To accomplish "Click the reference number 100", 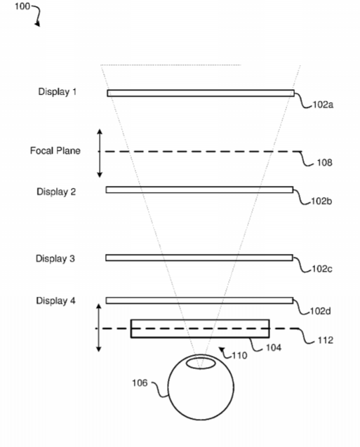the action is (22, 6).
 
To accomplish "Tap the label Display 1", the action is (58, 92).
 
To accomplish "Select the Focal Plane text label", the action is (55, 150).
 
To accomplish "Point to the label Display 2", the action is (56, 192).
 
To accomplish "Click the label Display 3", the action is (55, 258).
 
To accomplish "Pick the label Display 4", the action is (56, 301).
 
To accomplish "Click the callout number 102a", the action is (323, 105).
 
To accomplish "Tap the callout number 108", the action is (325, 163).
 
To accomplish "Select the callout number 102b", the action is (321, 201).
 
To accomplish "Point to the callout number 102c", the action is (322, 269).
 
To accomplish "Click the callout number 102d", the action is (321, 311).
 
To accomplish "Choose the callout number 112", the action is (326, 340).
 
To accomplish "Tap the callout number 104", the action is (274, 347).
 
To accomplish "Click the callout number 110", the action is (239, 356).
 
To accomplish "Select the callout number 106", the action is (140, 383).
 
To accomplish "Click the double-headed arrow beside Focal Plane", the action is (100, 153).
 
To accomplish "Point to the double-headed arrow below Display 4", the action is (99, 328).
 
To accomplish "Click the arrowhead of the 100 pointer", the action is (38, 25).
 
